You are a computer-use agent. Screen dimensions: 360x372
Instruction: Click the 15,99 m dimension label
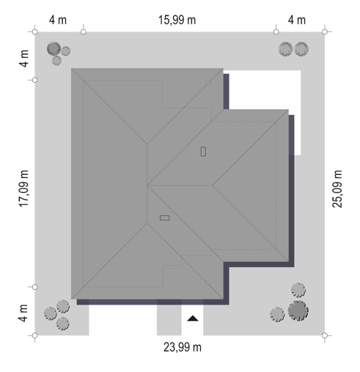(x=177, y=20)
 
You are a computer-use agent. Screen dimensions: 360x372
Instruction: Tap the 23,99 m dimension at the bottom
(x=183, y=347)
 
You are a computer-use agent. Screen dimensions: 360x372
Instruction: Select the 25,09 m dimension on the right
(x=337, y=189)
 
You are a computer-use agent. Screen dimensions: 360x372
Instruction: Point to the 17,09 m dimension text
(x=23, y=189)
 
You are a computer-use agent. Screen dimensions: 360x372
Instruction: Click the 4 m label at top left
(x=58, y=20)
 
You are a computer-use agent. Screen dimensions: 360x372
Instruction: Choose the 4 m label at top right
(x=297, y=20)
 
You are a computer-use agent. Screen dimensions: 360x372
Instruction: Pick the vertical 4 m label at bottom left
(x=23, y=313)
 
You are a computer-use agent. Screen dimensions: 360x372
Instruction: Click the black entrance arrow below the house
(x=193, y=319)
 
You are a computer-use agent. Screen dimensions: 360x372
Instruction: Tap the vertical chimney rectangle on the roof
(x=203, y=152)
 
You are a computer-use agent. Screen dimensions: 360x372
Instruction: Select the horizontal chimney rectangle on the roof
(x=164, y=217)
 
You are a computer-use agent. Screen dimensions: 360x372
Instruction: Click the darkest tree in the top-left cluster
(x=54, y=48)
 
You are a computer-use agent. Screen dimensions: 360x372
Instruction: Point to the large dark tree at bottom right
(x=298, y=310)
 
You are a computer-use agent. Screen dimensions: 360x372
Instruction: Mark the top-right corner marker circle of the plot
(x=325, y=31)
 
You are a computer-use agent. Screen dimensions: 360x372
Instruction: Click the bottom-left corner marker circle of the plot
(x=34, y=335)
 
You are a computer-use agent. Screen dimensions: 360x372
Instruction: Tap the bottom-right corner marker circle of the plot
(x=325, y=335)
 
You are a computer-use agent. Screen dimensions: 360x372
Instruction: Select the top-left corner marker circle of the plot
(x=34, y=31)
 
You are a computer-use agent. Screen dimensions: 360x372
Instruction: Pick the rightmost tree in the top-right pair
(x=301, y=49)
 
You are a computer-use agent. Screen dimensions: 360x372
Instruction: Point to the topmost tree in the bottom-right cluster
(x=298, y=290)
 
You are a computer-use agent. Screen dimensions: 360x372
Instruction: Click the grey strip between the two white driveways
(x=169, y=320)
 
